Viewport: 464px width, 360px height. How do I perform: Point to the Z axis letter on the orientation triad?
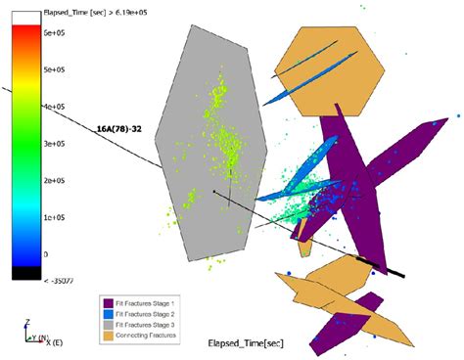(28, 322)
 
